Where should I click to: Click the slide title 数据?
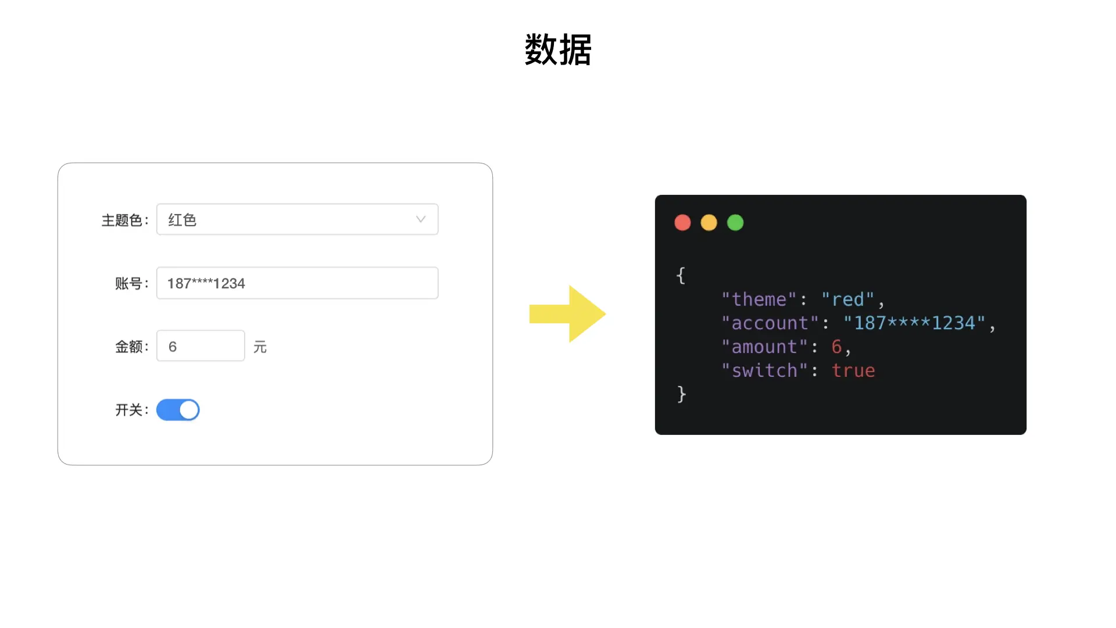558,50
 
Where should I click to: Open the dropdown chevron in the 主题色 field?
421,219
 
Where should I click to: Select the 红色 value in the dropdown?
183,220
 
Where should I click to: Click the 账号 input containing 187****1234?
297,283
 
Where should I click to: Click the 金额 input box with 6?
201,346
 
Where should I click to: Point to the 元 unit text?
260,347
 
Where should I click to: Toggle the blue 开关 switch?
178,410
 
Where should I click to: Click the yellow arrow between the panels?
567,314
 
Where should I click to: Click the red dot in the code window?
682,223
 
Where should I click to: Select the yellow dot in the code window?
709,223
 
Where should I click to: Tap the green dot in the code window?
735,223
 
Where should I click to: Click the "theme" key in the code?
759,299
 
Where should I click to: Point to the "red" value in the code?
847,299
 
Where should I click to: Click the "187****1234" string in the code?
914,323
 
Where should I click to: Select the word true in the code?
853,370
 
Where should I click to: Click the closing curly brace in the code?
682,394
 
